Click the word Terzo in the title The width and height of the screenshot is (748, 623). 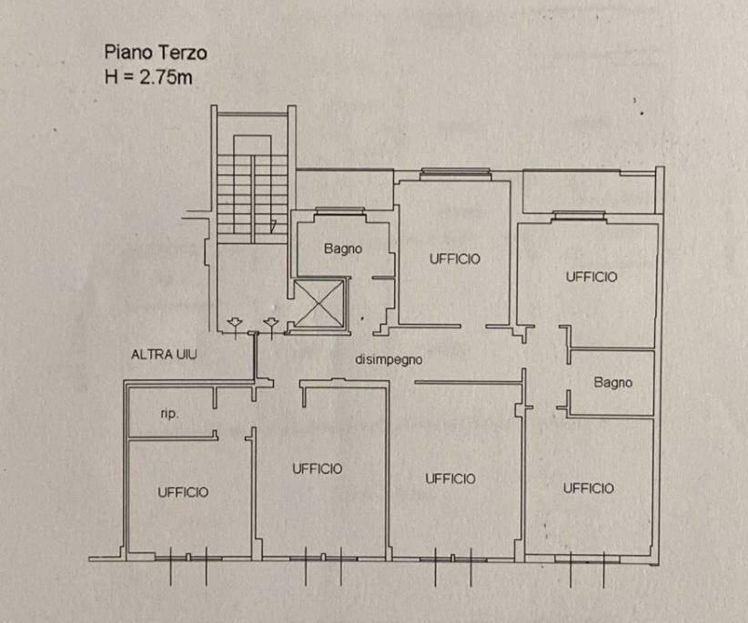[183, 53]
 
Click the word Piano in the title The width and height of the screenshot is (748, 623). [129, 52]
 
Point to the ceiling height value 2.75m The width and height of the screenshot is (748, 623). [166, 77]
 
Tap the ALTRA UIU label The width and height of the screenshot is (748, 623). [164, 355]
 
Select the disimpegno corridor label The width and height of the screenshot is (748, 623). [389, 359]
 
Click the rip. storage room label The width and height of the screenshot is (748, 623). [169, 413]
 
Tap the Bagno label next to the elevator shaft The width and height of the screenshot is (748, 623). [342, 248]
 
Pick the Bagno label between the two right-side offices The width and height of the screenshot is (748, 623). [613, 382]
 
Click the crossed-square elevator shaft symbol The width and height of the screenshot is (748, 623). [319, 304]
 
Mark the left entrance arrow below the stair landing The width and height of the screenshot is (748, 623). [235, 326]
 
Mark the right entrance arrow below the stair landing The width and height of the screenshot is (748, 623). [271, 326]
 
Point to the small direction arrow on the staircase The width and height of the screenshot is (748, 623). [273, 226]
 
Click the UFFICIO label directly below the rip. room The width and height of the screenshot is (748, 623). [183, 492]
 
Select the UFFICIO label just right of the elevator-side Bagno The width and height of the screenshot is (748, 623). [455, 259]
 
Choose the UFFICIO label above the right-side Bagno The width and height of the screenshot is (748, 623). [591, 276]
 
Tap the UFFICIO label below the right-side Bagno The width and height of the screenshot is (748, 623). [588, 488]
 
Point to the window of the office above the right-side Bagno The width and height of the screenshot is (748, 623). [579, 214]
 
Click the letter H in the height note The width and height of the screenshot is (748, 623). [111, 77]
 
